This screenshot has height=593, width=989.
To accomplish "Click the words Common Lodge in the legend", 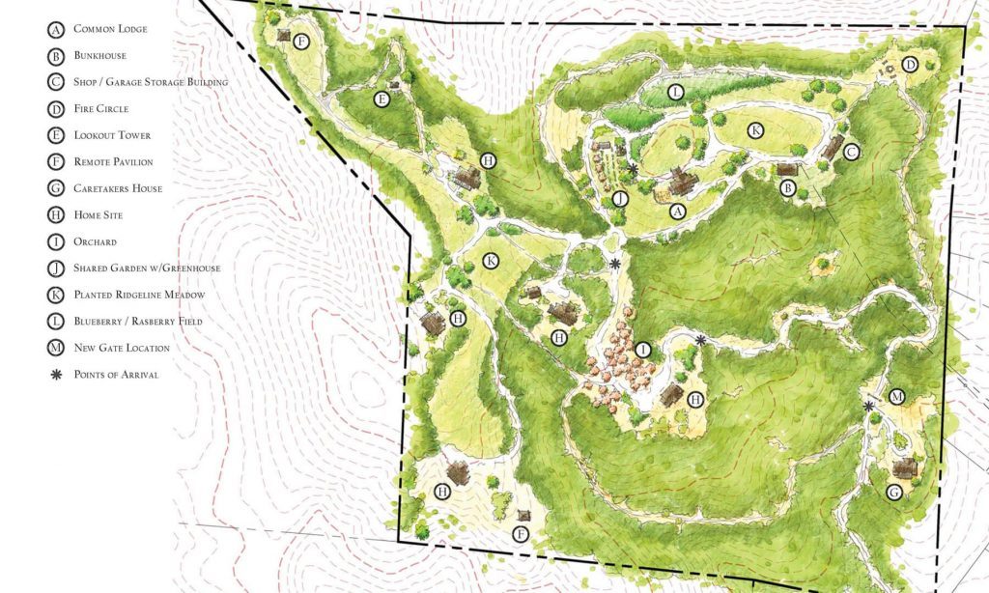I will point(109,30).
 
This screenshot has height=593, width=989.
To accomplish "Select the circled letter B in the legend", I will point(56,56).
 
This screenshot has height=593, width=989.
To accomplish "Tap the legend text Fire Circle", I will point(100,109).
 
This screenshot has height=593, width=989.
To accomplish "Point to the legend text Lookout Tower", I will point(112,135).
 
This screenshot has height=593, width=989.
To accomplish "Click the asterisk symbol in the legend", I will point(56,374).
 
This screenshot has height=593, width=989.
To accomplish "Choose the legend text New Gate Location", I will point(122,348).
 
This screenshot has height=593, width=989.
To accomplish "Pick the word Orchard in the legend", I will point(95,241).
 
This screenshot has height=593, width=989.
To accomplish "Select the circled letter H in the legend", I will point(56,215).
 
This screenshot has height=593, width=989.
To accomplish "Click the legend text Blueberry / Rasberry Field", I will point(138,321).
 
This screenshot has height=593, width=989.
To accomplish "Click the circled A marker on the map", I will point(677,211).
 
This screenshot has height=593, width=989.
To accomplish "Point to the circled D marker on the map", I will point(909,65).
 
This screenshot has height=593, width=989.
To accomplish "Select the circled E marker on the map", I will point(382,99).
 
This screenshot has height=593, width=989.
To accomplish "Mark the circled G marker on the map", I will point(893,493).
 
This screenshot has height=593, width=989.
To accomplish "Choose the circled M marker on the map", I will point(896,397).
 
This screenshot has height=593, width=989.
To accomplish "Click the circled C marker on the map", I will point(851,152).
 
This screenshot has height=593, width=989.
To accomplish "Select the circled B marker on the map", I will point(788,189).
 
